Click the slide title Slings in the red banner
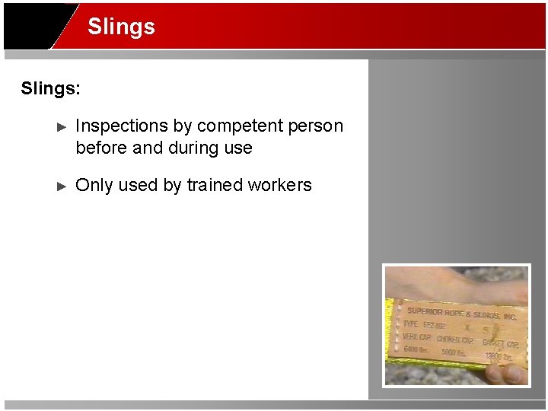pos(121,27)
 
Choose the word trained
pos(217,185)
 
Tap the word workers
pos(282,185)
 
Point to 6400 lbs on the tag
pos(416,349)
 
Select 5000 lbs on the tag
pos(454,352)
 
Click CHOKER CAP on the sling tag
pos(454,339)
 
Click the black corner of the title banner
pos(27,27)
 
